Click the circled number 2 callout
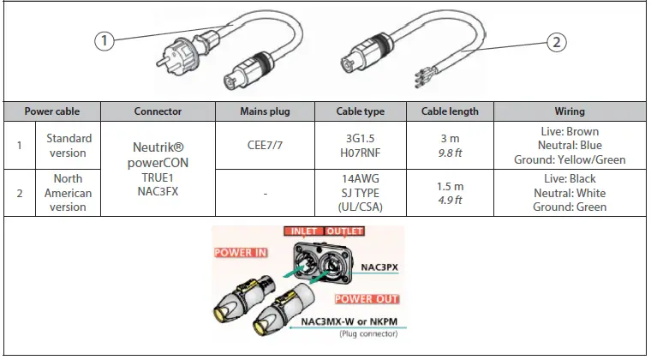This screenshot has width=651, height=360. (x=557, y=41)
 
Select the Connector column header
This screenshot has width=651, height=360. (x=157, y=111)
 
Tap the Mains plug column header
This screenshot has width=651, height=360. (x=265, y=111)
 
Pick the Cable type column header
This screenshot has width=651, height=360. (x=361, y=111)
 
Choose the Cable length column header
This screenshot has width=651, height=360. (x=456, y=111)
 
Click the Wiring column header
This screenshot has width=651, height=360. (x=570, y=111)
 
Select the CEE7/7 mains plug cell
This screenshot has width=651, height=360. (x=265, y=146)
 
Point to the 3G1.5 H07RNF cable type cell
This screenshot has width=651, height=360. (x=361, y=146)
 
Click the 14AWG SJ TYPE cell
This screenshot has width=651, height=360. (x=361, y=193)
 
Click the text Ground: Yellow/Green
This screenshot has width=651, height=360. (x=570, y=159)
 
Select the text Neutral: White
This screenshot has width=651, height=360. (x=570, y=193)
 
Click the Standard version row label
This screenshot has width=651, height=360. (x=69, y=146)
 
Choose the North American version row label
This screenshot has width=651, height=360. (x=69, y=193)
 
